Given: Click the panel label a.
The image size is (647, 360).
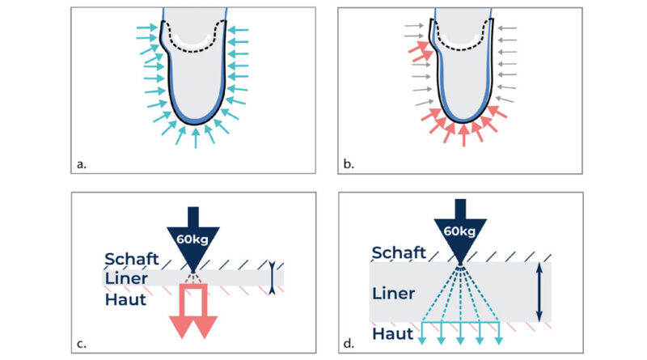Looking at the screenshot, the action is pyautogui.click(x=82, y=164).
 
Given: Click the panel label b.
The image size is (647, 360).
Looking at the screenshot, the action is pyautogui.click(x=349, y=164).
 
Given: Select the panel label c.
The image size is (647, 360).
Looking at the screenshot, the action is pyautogui.click(x=82, y=344).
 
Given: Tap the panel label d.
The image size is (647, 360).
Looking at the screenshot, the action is pyautogui.click(x=349, y=344).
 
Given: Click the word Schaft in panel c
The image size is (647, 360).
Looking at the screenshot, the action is pyautogui.click(x=132, y=259).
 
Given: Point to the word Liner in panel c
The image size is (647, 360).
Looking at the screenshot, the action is pyautogui.click(x=126, y=278).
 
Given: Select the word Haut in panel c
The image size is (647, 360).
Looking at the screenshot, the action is pyautogui.click(x=125, y=299).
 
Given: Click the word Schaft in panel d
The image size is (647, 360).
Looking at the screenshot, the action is pyautogui.click(x=399, y=252).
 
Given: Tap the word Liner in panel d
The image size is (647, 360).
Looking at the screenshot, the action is pyautogui.click(x=394, y=294).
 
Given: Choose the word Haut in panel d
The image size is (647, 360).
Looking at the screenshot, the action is pyautogui.click(x=393, y=333).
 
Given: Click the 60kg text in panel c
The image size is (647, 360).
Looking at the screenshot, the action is pyautogui.click(x=192, y=239).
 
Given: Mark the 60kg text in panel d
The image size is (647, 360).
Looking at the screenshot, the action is pyautogui.click(x=459, y=231).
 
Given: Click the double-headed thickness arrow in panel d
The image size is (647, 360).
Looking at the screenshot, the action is pyautogui.click(x=539, y=292).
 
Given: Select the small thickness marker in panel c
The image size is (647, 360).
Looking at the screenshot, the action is pyautogui.click(x=272, y=277).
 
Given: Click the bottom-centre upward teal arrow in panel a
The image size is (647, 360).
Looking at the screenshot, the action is pyautogui.click(x=196, y=138).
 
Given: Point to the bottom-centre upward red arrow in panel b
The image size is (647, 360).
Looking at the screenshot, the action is pyautogui.click(x=463, y=135).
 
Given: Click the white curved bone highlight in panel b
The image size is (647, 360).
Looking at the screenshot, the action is pyautogui.click(x=462, y=40).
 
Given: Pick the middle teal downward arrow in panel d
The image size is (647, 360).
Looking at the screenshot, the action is pyautogui.click(x=460, y=333).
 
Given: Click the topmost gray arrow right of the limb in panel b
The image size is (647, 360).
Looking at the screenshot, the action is pyautogui.click(x=507, y=28).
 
